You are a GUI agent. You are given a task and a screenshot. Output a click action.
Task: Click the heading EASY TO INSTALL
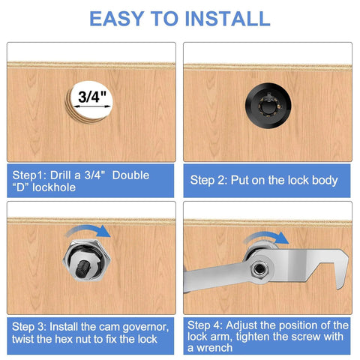(179, 18)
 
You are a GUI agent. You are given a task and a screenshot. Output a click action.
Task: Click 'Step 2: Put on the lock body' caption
(264, 180)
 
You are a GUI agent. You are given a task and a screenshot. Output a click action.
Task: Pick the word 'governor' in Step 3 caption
(147, 328)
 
